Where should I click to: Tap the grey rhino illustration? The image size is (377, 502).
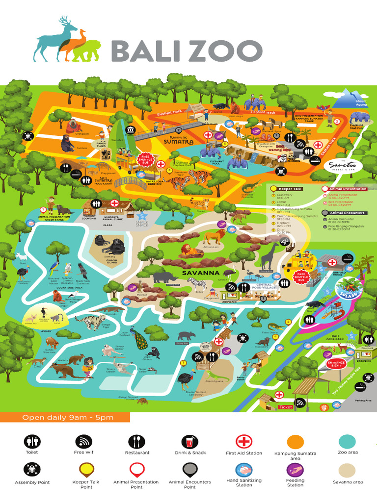tap(164, 277)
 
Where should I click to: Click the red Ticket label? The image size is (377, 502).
tap(285, 407)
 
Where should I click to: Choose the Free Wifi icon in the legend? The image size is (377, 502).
tap(83, 441)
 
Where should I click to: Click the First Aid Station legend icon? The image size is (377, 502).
tap(244, 442)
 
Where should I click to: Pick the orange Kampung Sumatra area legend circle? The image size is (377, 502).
tap(296, 442)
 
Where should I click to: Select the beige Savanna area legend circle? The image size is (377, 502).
tap(348, 471)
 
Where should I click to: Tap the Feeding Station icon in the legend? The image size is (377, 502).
tap(295, 470)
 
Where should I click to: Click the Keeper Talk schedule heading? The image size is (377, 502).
tap(292, 188)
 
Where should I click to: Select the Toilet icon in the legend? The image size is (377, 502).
tap(32, 441)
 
